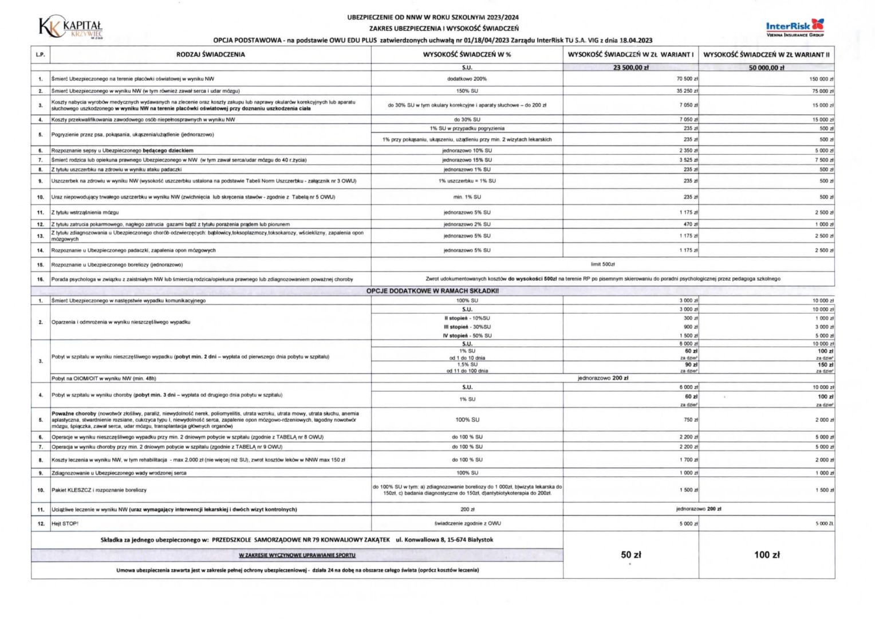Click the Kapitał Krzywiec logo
(70, 27)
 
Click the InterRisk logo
(795, 27)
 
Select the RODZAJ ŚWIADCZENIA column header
(210, 54)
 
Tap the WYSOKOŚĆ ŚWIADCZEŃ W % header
(467, 54)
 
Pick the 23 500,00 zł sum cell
(630, 68)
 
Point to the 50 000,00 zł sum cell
(766, 68)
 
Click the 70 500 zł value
(687, 79)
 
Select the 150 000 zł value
(821, 79)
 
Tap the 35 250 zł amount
(687, 91)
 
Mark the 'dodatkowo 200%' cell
(467, 79)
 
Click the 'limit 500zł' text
(602, 264)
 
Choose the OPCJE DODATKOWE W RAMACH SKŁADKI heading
(432, 291)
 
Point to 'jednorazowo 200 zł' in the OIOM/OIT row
(602, 378)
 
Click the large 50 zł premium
(630, 554)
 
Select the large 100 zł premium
(766, 554)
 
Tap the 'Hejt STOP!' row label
(65, 523)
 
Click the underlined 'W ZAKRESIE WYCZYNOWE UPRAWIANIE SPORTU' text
(297, 555)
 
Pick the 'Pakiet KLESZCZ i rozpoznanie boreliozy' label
(99, 490)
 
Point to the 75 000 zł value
(822, 91)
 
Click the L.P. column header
(40, 54)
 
